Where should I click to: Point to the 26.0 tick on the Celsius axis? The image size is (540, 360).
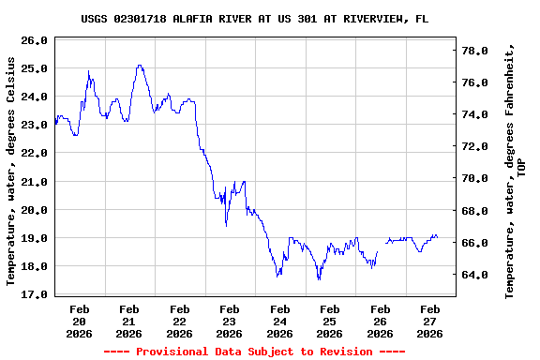(x=33, y=40)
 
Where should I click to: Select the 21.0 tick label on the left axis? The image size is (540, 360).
(x=33, y=181)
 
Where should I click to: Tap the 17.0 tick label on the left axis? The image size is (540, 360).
(x=33, y=294)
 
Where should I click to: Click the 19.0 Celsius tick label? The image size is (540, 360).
(x=33, y=238)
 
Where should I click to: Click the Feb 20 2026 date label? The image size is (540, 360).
(x=80, y=321)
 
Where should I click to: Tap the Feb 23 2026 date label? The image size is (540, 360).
(x=229, y=321)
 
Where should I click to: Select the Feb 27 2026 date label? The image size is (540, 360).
(x=429, y=321)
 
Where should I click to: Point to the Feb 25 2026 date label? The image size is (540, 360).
(x=329, y=321)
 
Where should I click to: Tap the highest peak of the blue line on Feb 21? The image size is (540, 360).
(x=139, y=65)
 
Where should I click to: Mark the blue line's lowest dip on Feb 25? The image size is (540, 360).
(x=319, y=279)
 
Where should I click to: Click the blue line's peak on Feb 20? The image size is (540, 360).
(x=89, y=70)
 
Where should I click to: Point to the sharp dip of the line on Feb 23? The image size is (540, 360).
(x=226, y=226)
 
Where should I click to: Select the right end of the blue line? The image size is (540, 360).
(x=438, y=237)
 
